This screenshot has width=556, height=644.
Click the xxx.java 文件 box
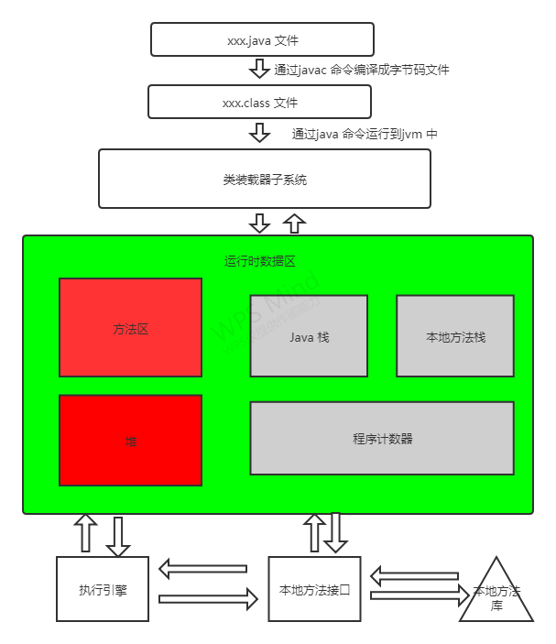(262, 40)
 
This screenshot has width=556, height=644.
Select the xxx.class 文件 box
(259, 102)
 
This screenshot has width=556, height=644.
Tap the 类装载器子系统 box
(264, 179)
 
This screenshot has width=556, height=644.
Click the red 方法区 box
(130, 328)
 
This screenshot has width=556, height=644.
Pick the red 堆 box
(130, 441)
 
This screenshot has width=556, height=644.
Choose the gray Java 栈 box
(309, 336)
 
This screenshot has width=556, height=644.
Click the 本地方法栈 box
(455, 336)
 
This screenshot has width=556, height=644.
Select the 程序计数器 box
(382, 438)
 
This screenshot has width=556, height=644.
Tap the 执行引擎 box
(102, 589)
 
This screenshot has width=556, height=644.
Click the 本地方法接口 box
(314, 589)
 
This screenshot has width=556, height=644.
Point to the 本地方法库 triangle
(496, 597)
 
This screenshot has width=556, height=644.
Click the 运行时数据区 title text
(260, 261)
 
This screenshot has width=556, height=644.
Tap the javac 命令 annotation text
(362, 70)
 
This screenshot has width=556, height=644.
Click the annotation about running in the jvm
(365, 134)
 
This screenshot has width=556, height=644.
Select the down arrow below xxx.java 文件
(259, 70)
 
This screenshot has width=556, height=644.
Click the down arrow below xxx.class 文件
(260, 133)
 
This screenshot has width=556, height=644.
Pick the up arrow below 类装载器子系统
(294, 223)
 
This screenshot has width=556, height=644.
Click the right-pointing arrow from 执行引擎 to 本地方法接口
(208, 600)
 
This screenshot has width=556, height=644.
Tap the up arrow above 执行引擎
(85, 532)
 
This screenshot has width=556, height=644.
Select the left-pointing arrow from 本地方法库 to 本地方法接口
(413, 577)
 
